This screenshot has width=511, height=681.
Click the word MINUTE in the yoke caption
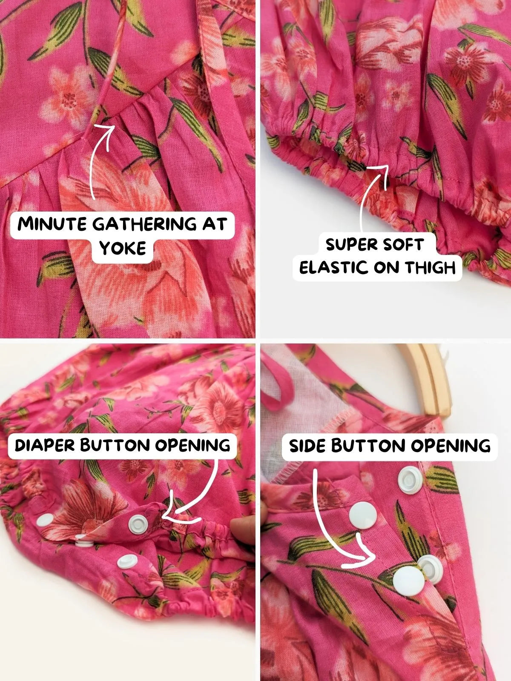coord(52,224)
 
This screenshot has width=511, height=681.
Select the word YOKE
coord(123,248)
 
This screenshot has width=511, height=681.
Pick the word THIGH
coord(431,268)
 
